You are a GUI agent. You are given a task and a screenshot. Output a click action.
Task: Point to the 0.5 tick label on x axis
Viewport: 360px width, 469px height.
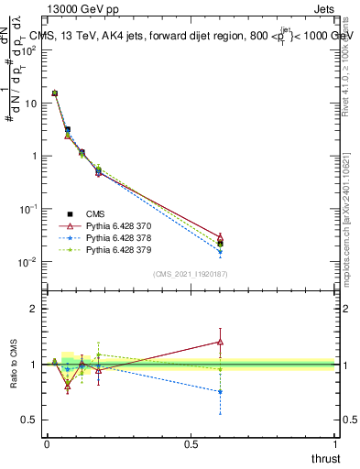pos(191,444)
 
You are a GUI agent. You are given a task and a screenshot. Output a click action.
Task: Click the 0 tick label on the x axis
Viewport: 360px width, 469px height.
pos(47,444)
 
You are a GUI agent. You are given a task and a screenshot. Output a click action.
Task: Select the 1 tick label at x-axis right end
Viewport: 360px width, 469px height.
pos(336,444)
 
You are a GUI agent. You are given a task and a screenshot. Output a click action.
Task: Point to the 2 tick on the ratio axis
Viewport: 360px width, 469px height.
pos(33,309)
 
